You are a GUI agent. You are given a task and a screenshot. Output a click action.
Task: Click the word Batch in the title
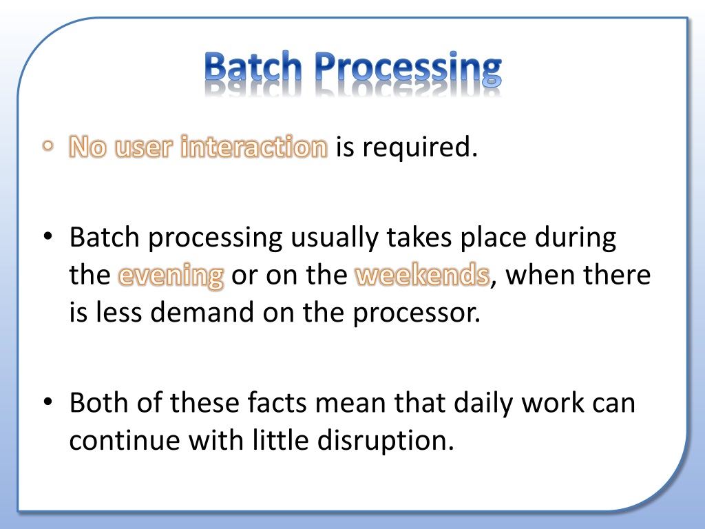pos(253,68)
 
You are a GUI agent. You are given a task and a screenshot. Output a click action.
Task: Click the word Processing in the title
pos(408,69)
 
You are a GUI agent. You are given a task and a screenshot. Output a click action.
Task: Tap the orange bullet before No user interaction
pos(48,146)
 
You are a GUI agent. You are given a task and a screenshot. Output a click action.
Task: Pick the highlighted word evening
pos(171,275)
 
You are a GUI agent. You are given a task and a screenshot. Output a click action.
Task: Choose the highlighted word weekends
pos(422,274)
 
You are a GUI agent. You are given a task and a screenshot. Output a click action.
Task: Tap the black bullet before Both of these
pos(48,402)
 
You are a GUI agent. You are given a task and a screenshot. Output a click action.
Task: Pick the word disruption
pos(386,440)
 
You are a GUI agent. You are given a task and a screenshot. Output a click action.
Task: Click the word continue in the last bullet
pos(125,440)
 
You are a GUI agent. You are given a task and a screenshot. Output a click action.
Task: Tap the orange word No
pos(87,147)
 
